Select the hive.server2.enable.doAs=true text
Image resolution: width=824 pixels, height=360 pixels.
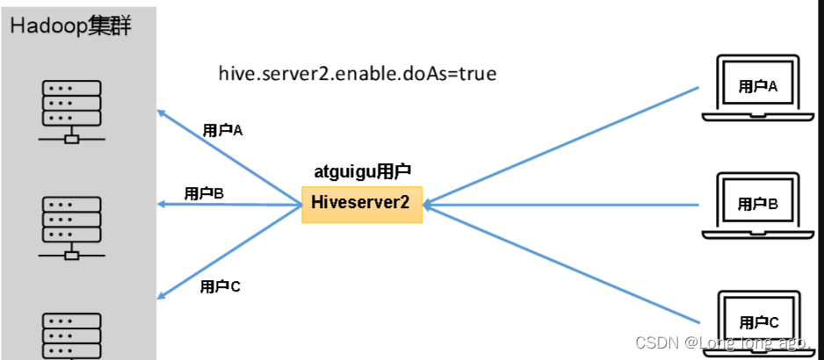358,74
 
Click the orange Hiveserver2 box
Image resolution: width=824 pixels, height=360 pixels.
361,204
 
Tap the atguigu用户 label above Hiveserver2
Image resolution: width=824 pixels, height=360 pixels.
363,171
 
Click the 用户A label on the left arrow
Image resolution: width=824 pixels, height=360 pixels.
222,130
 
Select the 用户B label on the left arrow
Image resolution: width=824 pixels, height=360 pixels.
204,193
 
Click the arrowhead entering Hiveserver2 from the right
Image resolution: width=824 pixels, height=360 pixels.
429,205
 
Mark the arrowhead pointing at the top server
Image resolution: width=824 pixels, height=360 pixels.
162,112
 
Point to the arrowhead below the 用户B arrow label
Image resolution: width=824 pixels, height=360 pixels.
162,205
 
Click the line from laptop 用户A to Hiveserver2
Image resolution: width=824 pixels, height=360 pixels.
562,146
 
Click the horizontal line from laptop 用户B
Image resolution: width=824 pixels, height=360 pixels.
562,205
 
